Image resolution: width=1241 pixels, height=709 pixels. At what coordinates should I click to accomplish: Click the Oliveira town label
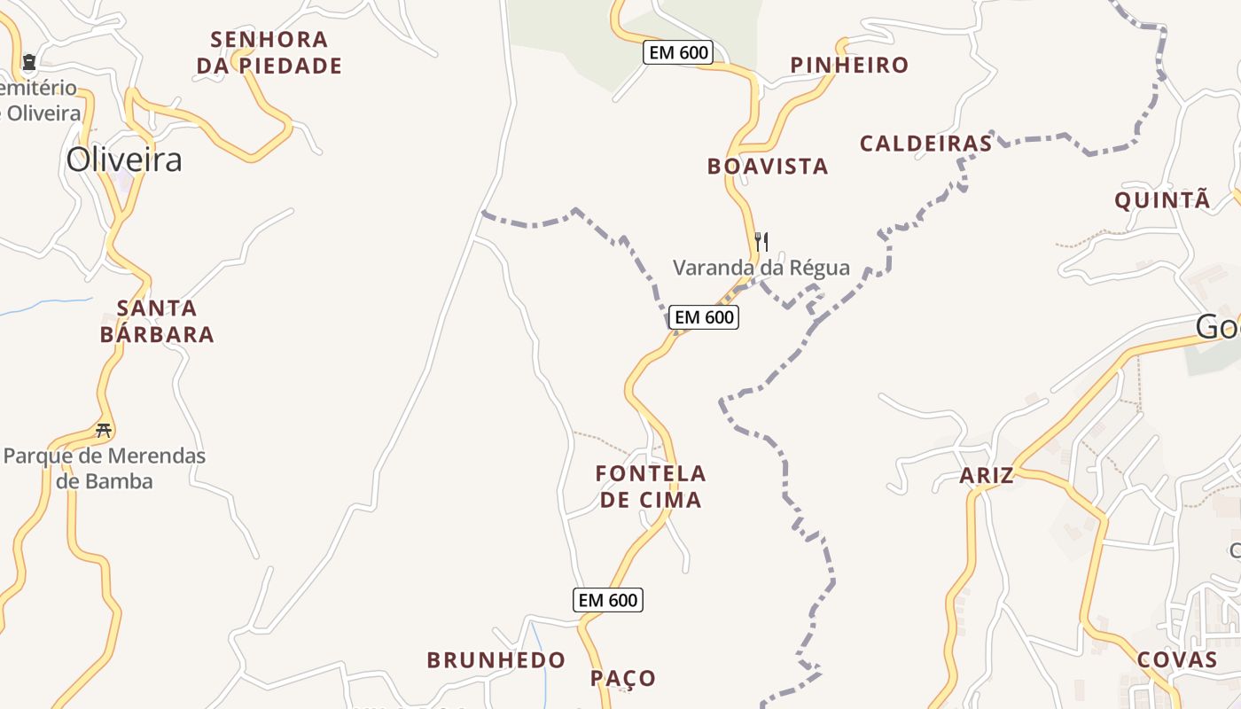(124, 160)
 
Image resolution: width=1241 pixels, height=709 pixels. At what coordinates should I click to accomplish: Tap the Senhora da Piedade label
(269, 52)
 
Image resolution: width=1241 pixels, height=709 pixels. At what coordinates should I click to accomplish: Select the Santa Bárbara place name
(157, 321)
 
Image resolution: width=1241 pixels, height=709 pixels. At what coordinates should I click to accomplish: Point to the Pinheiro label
(849, 65)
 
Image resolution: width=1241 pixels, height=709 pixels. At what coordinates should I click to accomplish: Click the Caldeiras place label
(925, 144)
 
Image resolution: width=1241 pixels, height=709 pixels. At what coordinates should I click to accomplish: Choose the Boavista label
(768, 166)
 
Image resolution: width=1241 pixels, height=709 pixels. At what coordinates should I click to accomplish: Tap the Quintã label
(1161, 200)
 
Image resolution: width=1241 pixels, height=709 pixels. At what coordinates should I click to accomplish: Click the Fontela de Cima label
(651, 487)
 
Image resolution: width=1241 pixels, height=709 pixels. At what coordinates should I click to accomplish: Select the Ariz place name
(987, 476)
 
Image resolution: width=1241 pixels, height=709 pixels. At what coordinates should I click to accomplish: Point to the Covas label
(1176, 659)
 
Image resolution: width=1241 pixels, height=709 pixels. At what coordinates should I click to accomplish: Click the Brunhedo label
(496, 660)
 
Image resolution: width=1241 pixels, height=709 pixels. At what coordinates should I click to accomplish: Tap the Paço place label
(623, 679)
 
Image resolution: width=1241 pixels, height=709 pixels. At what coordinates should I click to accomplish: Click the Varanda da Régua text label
(761, 268)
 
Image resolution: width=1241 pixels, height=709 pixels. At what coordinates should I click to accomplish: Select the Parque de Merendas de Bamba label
(105, 469)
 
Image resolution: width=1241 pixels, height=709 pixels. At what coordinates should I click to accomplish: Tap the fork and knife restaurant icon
(761, 241)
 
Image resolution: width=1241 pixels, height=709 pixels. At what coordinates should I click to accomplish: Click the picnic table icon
(104, 431)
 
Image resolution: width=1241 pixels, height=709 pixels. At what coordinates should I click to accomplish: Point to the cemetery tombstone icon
(29, 62)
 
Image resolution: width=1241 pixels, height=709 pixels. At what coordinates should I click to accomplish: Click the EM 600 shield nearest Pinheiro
(678, 52)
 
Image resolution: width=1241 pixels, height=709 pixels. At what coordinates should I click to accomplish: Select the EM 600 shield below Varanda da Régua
(703, 316)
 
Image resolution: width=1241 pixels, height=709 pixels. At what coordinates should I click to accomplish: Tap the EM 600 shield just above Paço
(607, 600)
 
